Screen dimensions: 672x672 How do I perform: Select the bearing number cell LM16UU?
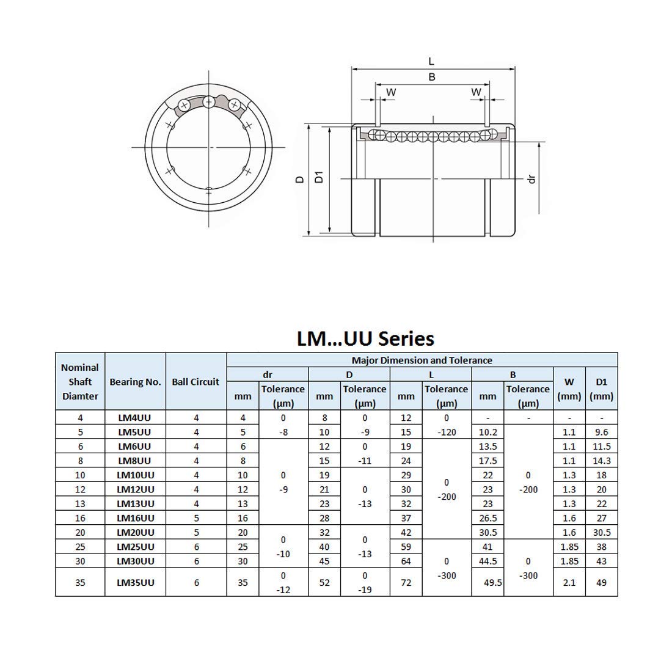136,518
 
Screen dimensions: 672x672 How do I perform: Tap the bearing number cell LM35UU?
136,582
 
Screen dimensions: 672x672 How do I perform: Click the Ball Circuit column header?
195,382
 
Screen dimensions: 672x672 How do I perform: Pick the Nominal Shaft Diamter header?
80,382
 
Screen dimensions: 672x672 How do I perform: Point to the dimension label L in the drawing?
431,61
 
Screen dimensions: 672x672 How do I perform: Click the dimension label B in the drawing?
432,77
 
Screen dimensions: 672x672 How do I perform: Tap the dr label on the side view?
531,178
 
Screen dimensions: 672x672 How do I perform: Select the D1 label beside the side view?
318,178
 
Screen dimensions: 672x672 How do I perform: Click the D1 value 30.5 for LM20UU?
601,532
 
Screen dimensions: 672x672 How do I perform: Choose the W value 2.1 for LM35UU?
569,582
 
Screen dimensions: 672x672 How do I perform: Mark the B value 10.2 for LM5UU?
488,432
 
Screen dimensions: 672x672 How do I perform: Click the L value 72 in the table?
406,582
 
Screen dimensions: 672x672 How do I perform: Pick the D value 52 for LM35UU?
324,582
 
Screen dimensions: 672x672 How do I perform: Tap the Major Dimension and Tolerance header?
422,360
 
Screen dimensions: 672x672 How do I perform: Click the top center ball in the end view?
210,101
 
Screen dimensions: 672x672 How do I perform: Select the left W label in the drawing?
391,92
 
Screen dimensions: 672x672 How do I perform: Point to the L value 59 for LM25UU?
406,547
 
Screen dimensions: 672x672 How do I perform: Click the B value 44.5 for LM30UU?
488,561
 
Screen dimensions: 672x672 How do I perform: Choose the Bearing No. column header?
136,382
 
